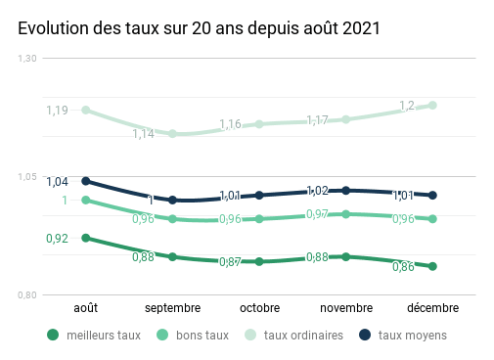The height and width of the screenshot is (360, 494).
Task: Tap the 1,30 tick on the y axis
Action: [x=27, y=60]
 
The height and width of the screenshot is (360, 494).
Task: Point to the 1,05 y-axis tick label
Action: [x=27, y=177]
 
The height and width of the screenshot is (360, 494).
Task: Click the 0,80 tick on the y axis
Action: [x=27, y=295]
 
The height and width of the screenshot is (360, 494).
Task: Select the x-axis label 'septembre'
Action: [x=172, y=308]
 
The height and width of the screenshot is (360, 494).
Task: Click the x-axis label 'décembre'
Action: [x=432, y=308]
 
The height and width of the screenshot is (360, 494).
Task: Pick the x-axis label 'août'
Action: [x=86, y=308]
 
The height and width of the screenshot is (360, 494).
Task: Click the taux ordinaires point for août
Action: [x=86, y=110]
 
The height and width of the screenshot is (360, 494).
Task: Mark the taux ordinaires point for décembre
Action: [x=432, y=105]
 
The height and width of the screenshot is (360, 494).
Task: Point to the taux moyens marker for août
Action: [x=86, y=181]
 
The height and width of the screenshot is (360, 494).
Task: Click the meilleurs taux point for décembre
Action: [x=432, y=266]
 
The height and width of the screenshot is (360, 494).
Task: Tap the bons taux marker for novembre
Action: [x=346, y=214]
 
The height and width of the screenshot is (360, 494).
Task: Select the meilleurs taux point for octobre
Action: [x=259, y=262]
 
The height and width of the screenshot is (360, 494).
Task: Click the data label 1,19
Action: [x=57, y=111]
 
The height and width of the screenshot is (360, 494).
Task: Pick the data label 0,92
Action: [x=57, y=238]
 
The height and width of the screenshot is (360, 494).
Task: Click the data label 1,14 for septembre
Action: [x=144, y=134]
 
